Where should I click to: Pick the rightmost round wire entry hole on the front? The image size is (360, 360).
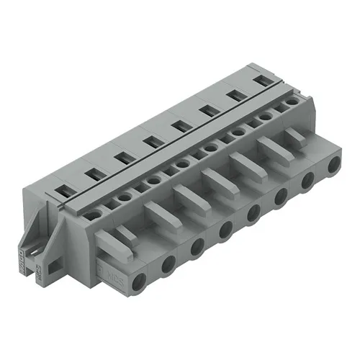tap(333, 166)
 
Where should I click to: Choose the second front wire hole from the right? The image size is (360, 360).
tap(307, 180)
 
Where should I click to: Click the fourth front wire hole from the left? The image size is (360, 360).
tap(225, 229)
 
